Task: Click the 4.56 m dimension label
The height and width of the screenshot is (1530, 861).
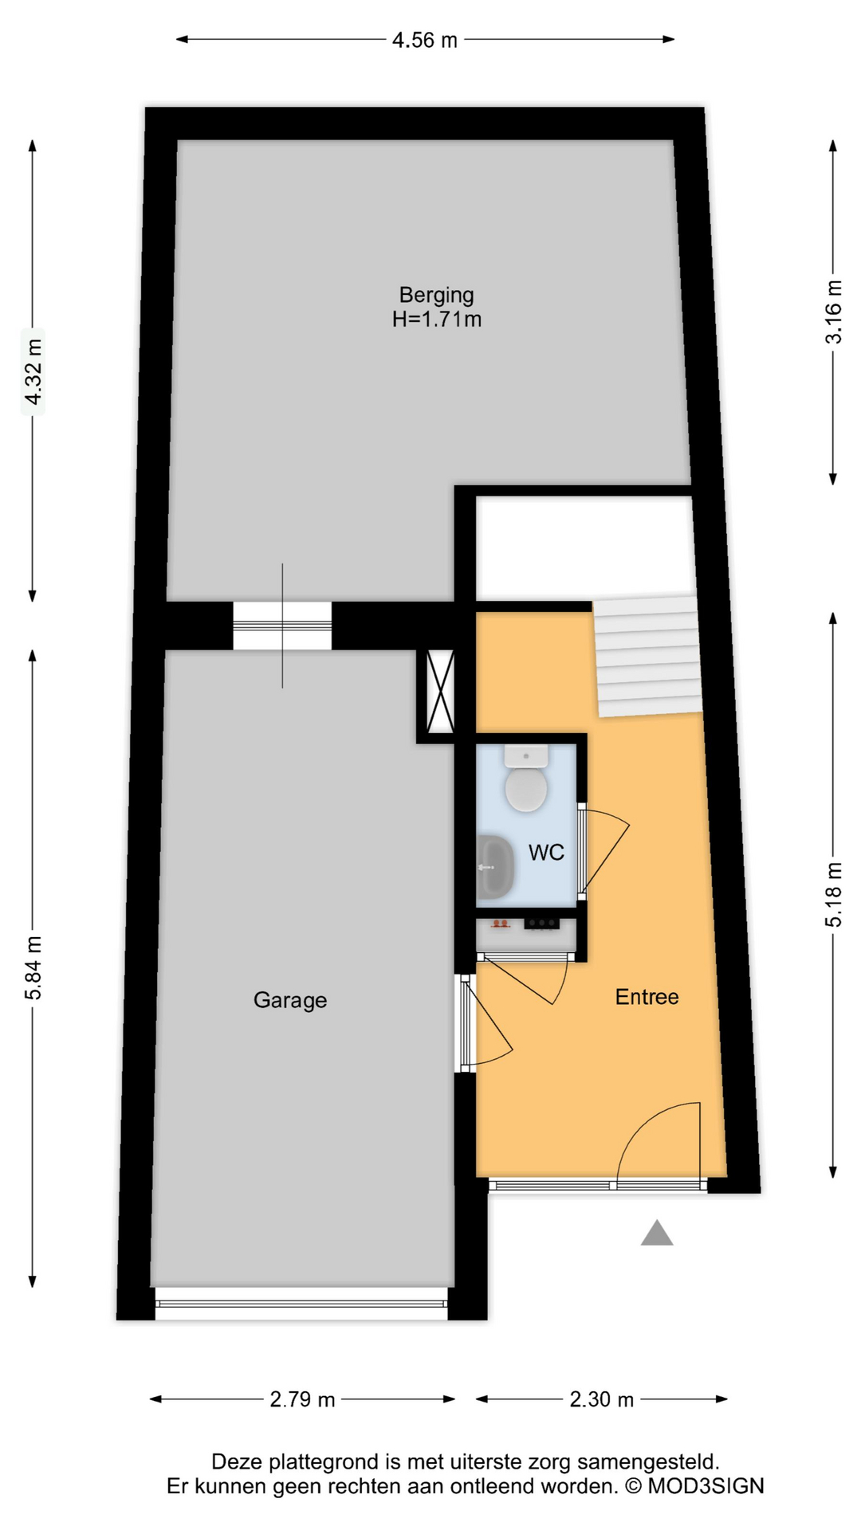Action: (424, 40)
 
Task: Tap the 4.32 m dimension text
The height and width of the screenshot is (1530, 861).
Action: (33, 371)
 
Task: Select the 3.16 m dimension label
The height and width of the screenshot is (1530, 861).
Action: (833, 312)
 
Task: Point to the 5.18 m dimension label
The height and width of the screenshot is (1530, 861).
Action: (833, 894)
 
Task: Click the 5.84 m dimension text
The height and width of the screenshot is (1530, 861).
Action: (33, 967)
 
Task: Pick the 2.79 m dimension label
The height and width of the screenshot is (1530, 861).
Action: (302, 1399)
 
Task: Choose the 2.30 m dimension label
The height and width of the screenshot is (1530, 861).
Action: (601, 1399)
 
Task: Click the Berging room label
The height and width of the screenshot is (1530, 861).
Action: (436, 295)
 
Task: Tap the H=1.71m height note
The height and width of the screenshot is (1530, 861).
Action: (436, 320)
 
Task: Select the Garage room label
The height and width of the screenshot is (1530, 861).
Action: (290, 1000)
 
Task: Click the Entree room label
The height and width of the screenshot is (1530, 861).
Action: (647, 997)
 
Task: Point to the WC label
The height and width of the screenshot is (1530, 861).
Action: (546, 853)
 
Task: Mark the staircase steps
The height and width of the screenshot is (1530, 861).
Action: (647, 656)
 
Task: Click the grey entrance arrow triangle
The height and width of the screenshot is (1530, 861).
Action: (657, 1234)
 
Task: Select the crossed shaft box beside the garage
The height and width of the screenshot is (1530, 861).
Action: (440, 691)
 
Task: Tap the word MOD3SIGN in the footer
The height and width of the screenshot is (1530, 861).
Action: (706, 1486)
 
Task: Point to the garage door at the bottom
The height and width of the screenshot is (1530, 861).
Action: (301, 1304)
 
